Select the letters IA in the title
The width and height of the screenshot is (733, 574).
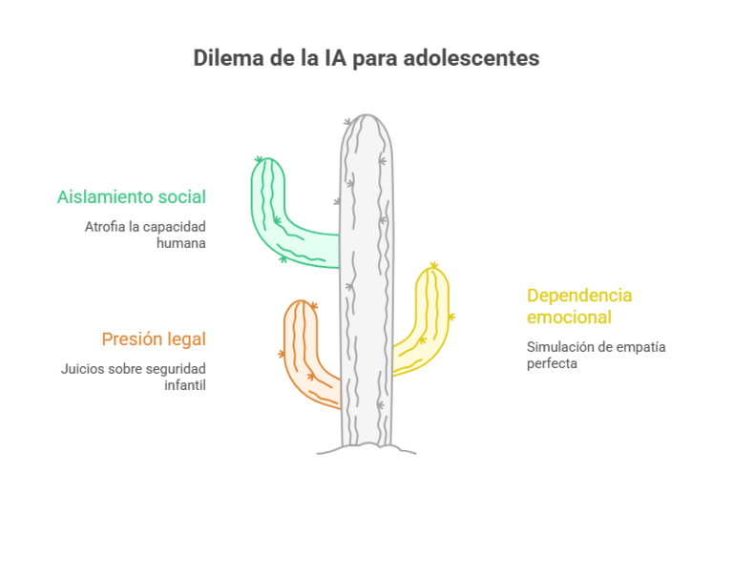(x=335, y=58)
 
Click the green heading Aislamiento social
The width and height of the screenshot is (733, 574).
(x=132, y=197)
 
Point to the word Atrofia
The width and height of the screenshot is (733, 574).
(x=105, y=227)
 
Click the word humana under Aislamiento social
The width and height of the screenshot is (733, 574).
(x=181, y=243)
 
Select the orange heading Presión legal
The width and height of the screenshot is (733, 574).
(x=154, y=339)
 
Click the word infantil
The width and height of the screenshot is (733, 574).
(x=185, y=385)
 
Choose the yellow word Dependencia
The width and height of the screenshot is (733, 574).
(x=579, y=296)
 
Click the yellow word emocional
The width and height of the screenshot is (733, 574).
(x=569, y=318)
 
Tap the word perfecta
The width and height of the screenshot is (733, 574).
(x=552, y=364)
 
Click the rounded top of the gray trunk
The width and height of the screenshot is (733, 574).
(x=366, y=120)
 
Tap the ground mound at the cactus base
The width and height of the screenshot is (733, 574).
(x=366, y=449)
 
